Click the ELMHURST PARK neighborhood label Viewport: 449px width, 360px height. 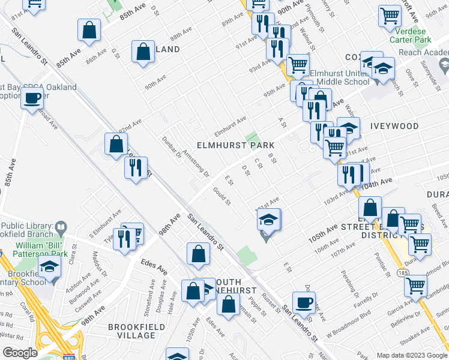tap(236, 145)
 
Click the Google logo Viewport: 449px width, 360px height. tap(20, 353)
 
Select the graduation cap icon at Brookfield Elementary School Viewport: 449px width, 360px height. tap(49, 266)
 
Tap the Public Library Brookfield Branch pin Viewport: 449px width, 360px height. tap(60, 227)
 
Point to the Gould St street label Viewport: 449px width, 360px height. tap(222, 196)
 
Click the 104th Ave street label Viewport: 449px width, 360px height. tap(376, 183)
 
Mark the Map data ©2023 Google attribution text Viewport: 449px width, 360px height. tap(411, 355)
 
